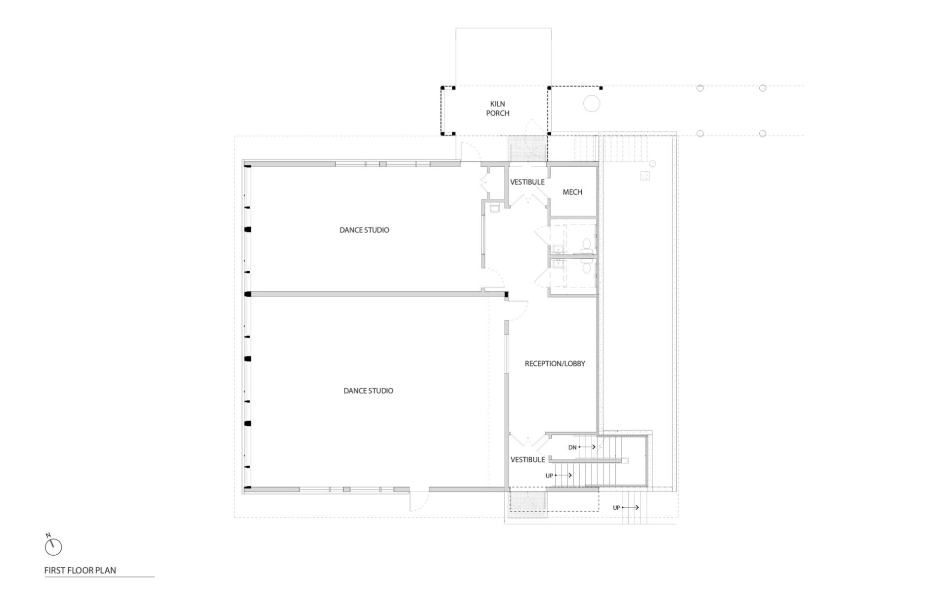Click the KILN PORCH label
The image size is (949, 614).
click(x=498, y=108)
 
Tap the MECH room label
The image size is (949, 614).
click(x=572, y=192)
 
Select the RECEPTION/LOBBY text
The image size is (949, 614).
click(x=555, y=363)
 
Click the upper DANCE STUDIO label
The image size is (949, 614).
click(x=364, y=230)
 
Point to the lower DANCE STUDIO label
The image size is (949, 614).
click(x=368, y=391)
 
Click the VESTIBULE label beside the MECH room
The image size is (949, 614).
click(x=527, y=182)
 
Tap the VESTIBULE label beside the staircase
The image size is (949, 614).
click(x=527, y=459)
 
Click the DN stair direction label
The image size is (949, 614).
click(x=572, y=447)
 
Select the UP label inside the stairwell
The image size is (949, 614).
click(x=549, y=476)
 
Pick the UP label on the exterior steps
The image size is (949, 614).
click(x=616, y=508)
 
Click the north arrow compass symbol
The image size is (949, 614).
click(x=53, y=547)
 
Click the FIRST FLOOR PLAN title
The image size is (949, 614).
click(x=80, y=570)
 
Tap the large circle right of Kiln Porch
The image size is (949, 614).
click(x=592, y=104)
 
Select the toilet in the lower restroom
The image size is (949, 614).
click(x=586, y=267)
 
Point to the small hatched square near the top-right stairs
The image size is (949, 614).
click(x=645, y=175)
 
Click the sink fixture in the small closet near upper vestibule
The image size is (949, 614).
click(x=494, y=208)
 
